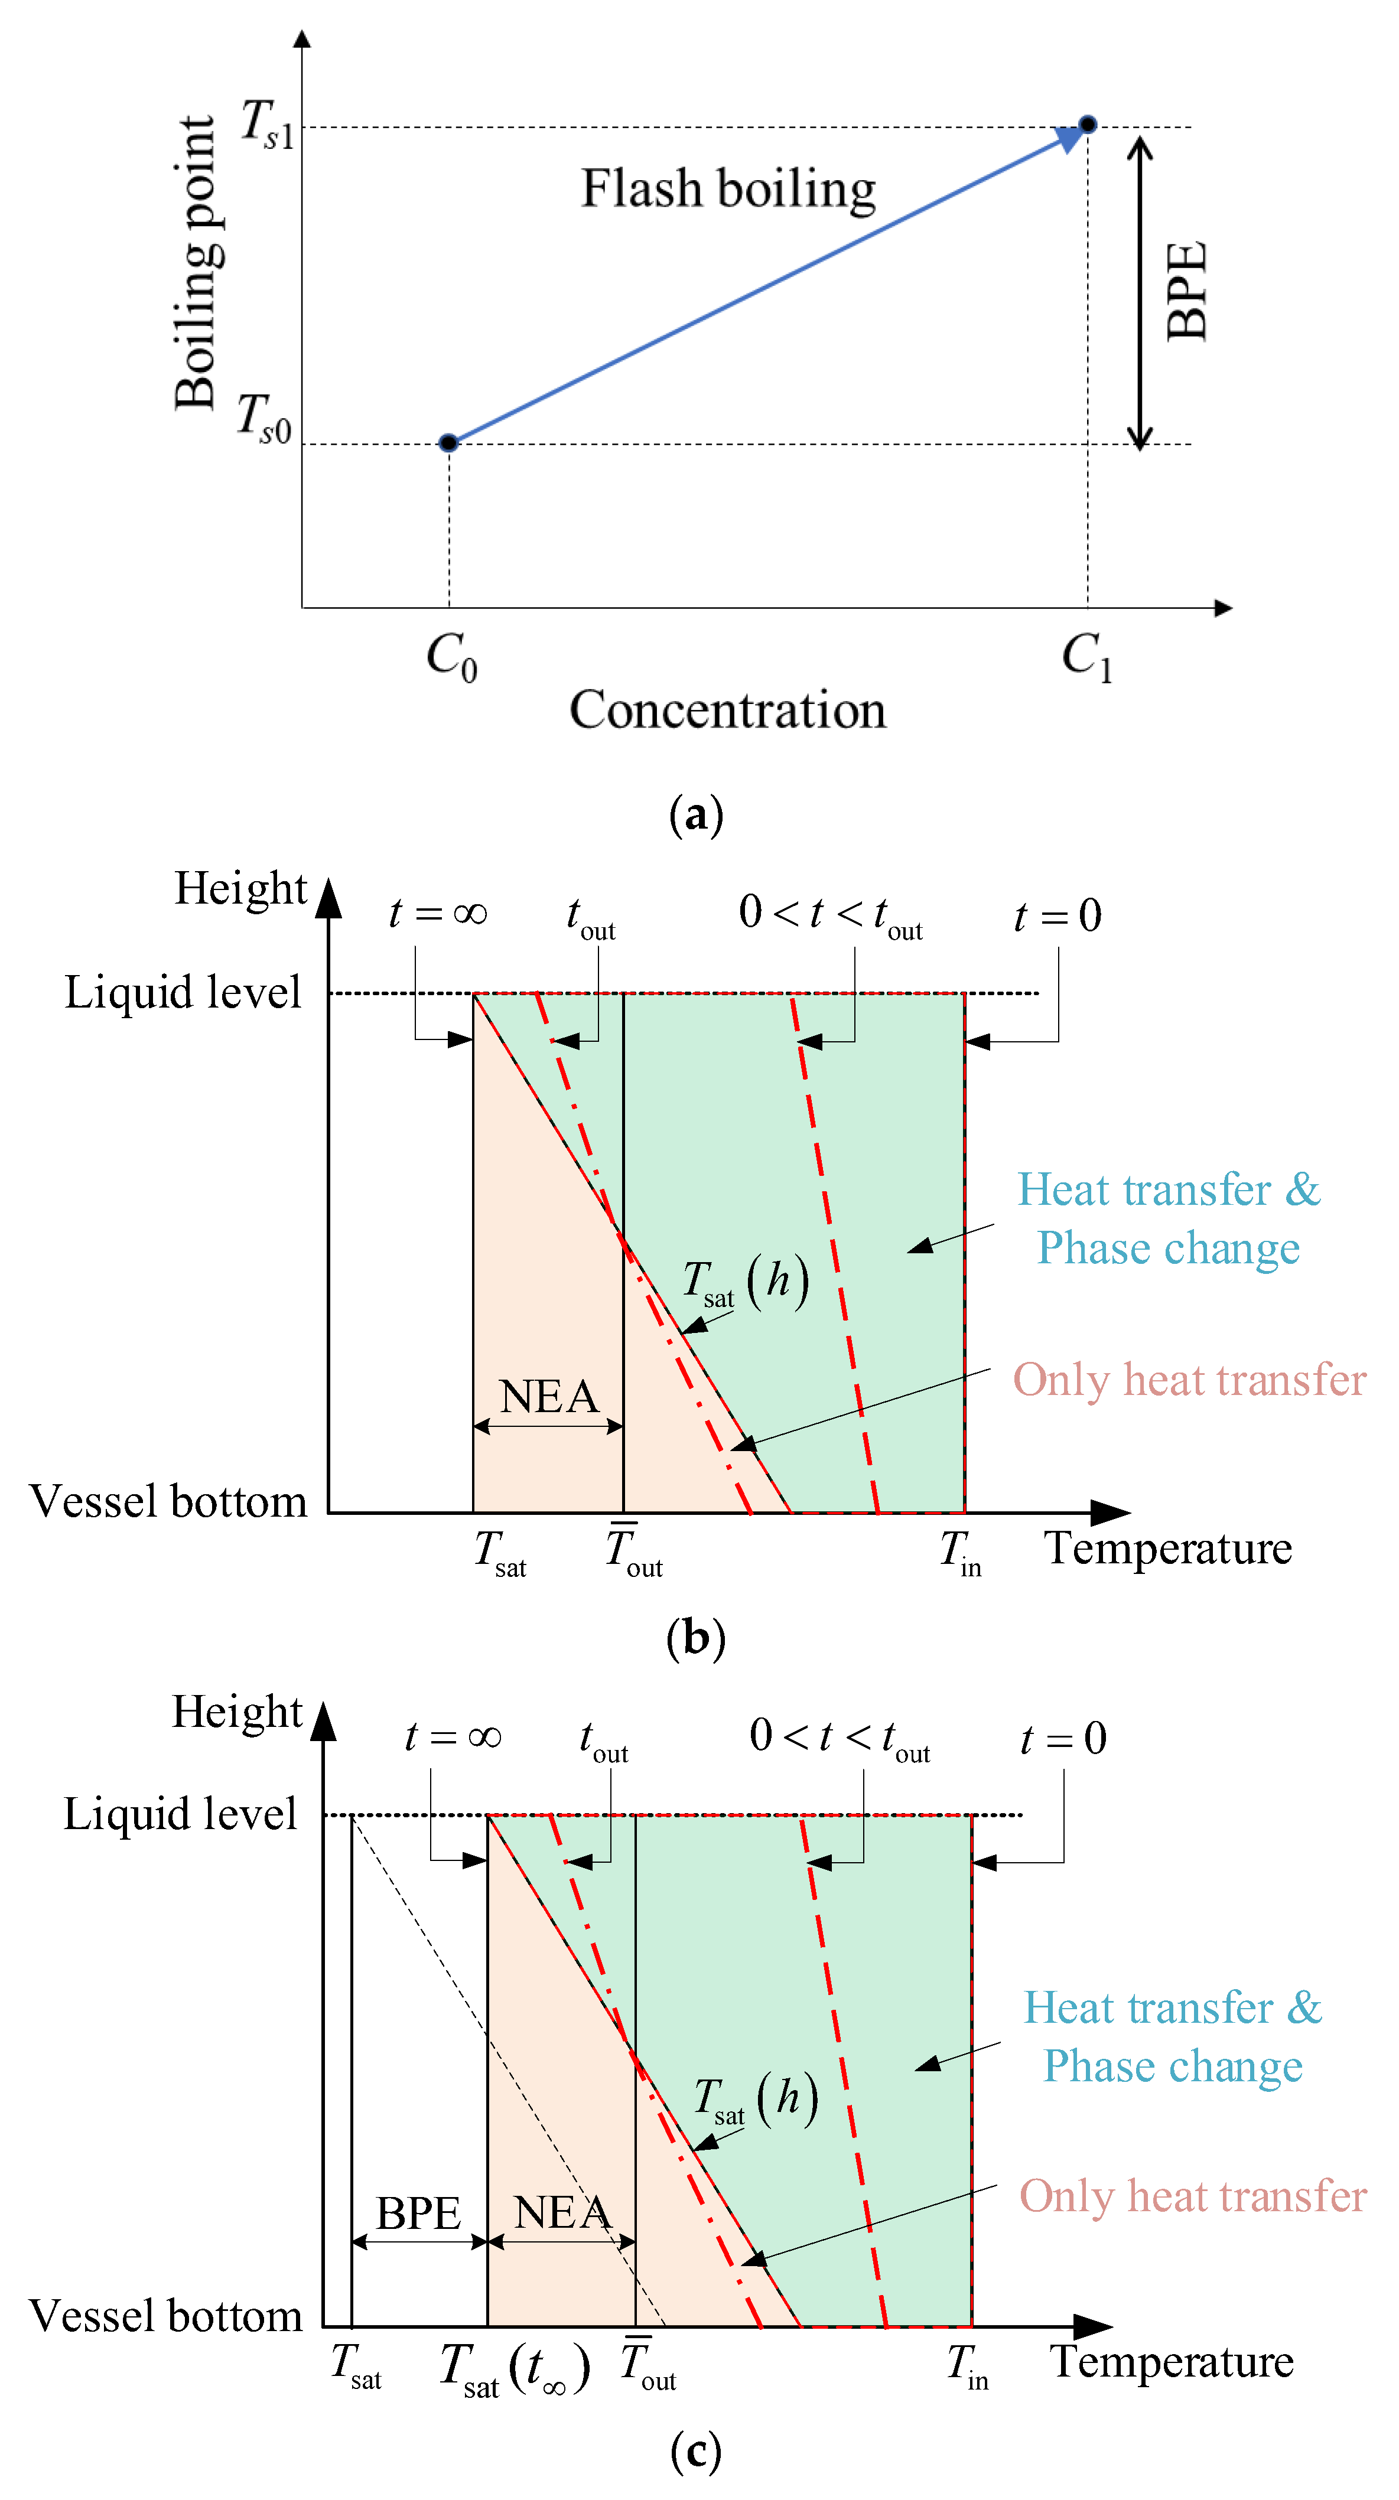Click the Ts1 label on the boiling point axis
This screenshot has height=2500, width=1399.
pyautogui.click(x=266, y=125)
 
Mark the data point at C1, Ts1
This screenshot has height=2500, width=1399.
pyautogui.click(x=1087, y=124)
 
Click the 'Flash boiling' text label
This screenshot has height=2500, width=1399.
pyautogui.click(x=728, y=188)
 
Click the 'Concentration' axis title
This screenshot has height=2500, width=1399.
pyautogui.click(x=727, y=710)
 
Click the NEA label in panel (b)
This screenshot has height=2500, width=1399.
pyautogui.click(x=548, y=1397)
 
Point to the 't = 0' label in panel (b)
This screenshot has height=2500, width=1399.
pyautogui.click(x=1058, y=915)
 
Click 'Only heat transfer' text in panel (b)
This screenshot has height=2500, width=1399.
pyautogui.click(x=1189, y=1380)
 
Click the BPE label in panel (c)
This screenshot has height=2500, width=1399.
pyautogui.click(x=418, y=2214)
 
